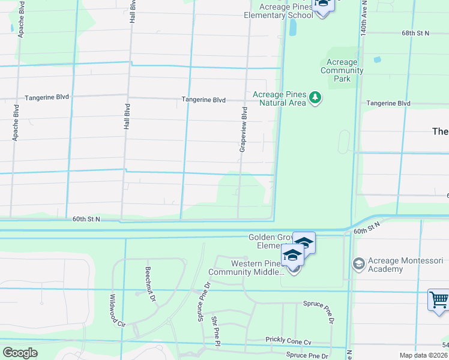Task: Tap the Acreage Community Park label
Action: [342, 70]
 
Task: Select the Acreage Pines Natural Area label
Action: [280, 98]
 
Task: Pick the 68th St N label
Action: [415, 33]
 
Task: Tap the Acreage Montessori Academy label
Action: [406, 265]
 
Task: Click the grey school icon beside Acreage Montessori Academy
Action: [358, 264]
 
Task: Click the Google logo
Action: [20, 353]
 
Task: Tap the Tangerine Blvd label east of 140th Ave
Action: [388, 103]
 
